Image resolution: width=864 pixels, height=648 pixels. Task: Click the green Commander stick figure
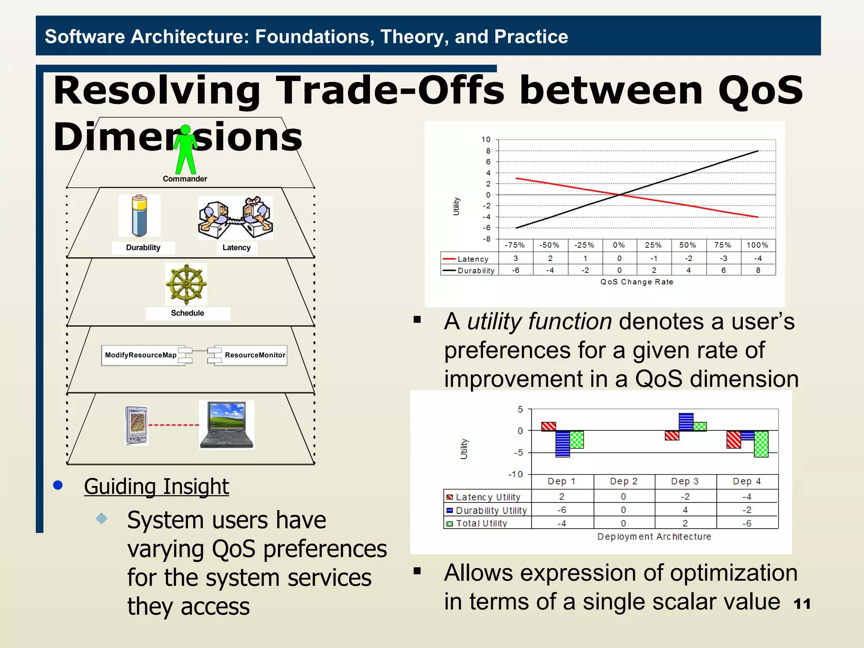(186, 149)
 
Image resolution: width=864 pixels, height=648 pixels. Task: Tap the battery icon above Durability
(139, 216)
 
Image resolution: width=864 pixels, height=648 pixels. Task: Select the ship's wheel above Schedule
(186, 284)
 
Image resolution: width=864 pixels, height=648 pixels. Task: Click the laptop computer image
(227, 425)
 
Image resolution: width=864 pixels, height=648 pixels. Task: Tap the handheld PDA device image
(137, 425)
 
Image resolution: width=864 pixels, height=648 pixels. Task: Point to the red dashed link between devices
(173, 425)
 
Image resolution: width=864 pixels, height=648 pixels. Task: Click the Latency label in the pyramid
(236, 248)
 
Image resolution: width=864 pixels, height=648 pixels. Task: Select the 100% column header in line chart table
(757, 245)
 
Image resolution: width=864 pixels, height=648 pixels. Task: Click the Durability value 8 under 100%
(758, 270)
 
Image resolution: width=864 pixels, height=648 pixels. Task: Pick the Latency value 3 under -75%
(516, 258)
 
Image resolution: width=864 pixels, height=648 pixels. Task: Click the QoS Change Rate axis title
(637, 282)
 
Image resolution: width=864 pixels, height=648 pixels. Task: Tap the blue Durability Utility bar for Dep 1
(562, 444)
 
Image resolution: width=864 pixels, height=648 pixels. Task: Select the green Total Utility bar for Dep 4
(761, 444)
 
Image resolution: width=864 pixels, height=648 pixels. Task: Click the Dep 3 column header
(685, 481)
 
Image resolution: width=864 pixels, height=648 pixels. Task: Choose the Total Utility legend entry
(481, 524)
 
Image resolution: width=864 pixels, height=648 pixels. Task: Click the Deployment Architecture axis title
(654, 537)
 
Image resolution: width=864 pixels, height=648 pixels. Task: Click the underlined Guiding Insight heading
(156, 486)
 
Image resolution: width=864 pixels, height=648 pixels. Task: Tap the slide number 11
(802, 604)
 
